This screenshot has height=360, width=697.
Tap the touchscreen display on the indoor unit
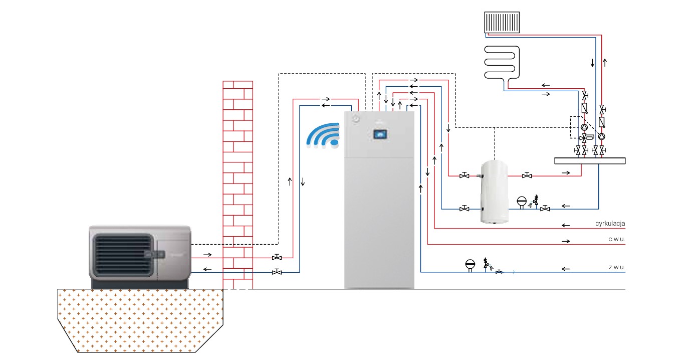380,133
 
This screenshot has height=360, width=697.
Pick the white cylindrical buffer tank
494,192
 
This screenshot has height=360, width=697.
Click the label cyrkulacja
607,224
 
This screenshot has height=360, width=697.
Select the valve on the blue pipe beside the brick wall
277,272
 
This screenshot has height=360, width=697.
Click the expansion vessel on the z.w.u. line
470,264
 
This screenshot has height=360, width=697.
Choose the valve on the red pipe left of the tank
464,175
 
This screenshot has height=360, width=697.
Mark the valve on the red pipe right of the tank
527,175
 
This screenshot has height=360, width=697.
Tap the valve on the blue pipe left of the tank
464,209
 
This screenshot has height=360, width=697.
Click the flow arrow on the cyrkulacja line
566,225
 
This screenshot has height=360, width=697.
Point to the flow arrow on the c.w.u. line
566,242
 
